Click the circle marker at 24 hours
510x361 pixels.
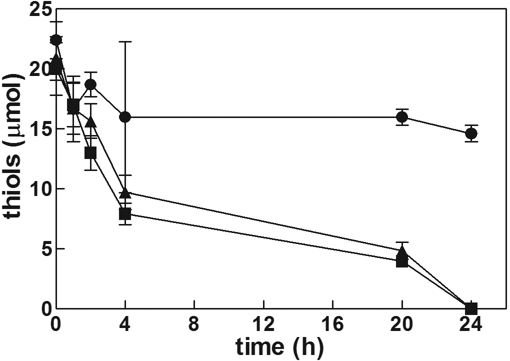coord(470,133)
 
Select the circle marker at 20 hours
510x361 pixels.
coord(401,117)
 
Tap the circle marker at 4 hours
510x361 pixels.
coord(125,117)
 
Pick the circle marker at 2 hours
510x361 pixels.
coord(90,84)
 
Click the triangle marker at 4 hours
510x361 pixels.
coord(125,192)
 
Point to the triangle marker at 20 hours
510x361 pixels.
coord(401,251)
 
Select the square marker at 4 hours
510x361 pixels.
coord(125,214)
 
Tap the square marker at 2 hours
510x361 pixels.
coord(90,153)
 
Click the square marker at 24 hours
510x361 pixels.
coord(470,308)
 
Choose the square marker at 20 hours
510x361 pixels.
coord(401,261)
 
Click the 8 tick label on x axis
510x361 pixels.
coord(194,325)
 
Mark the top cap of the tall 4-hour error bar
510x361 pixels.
coord(125,41)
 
